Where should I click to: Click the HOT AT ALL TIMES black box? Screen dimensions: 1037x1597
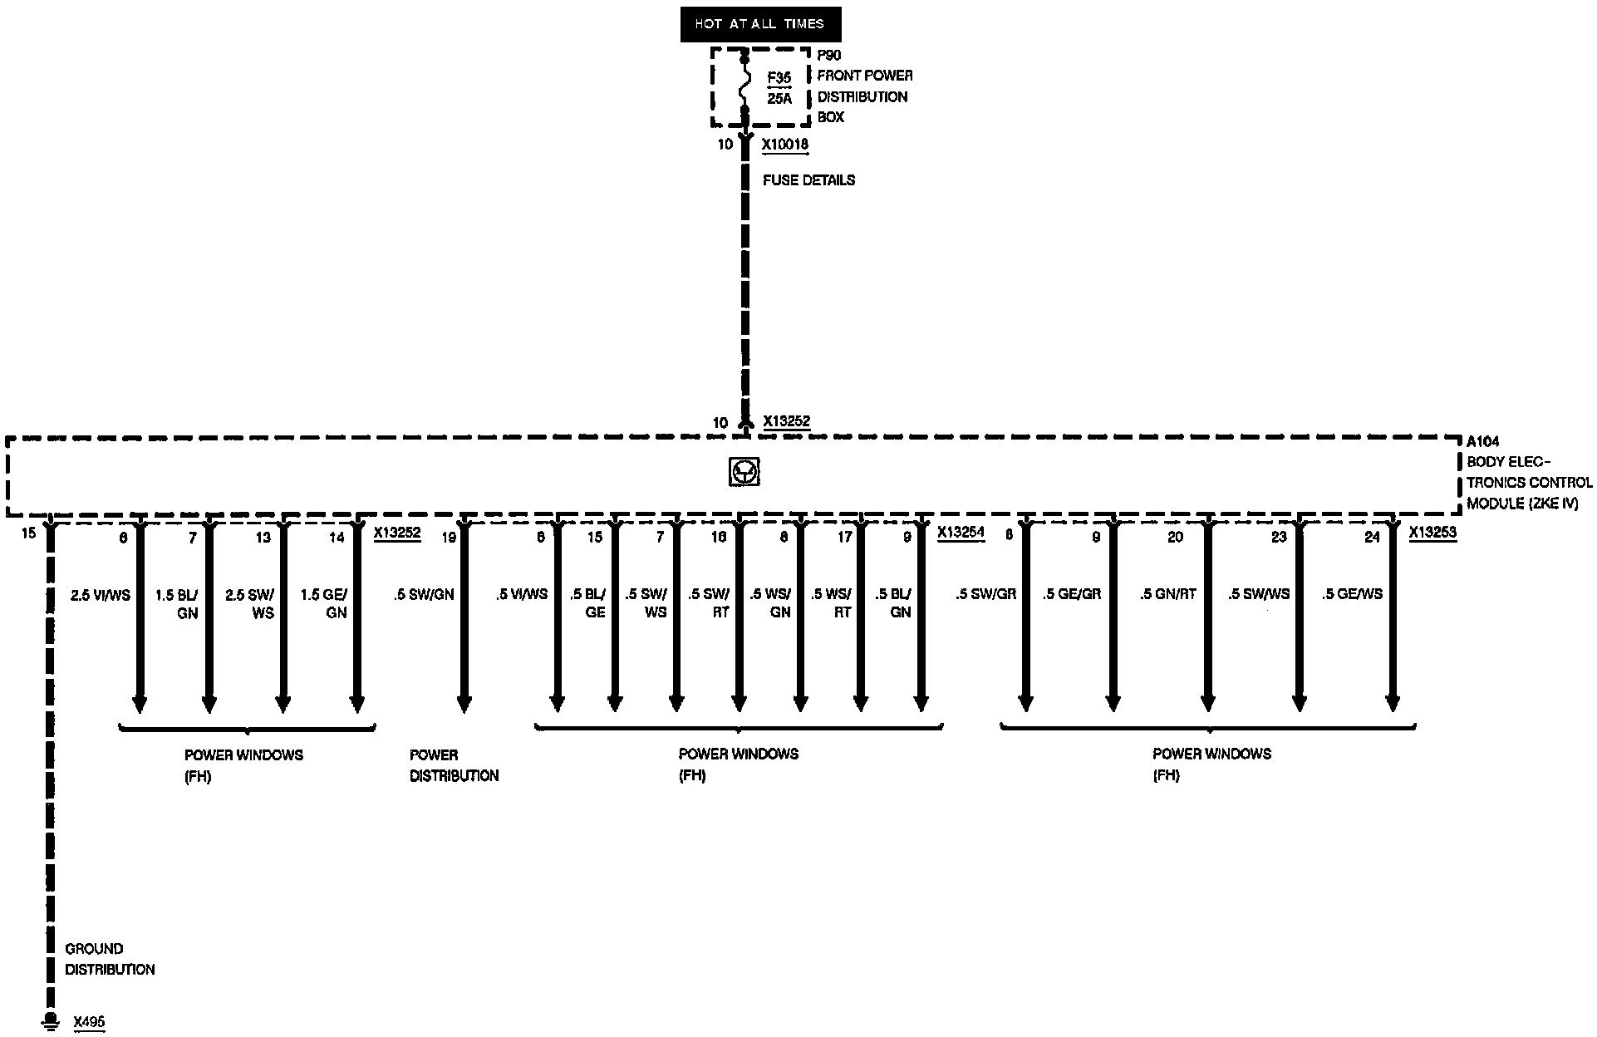[760, 25]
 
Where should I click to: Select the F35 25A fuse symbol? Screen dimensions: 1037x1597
[744, 86]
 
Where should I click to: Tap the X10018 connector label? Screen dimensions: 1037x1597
[785, 145]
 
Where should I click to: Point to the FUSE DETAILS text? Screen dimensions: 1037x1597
[808, 180]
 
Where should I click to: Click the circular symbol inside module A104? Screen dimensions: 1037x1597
[744, 473]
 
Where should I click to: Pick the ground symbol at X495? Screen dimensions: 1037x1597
[51, 1020]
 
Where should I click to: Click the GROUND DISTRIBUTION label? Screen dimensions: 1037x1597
[110, 959]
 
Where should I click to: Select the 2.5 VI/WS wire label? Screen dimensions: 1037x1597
[101, 595]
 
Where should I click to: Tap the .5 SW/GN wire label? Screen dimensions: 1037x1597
[424, 595]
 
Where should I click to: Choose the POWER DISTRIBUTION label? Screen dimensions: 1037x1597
[454, 765]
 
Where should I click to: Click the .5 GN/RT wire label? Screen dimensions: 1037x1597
[1167, 594]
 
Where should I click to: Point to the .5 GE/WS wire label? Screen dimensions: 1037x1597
[1352, 594]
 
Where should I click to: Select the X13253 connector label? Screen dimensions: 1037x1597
[1432, 533]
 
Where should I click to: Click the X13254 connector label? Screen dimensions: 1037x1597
[961, 533]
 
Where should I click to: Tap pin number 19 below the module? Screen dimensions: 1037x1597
[449, 538]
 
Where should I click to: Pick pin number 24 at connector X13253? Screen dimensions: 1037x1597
[1372, 538]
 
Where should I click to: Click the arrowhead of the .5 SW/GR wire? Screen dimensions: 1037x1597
[1025, 703]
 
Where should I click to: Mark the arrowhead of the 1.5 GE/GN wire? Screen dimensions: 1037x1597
[357, 703]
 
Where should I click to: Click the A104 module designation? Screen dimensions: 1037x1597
[1482, 442]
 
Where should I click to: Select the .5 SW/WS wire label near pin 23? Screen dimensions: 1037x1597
[1259, 594]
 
